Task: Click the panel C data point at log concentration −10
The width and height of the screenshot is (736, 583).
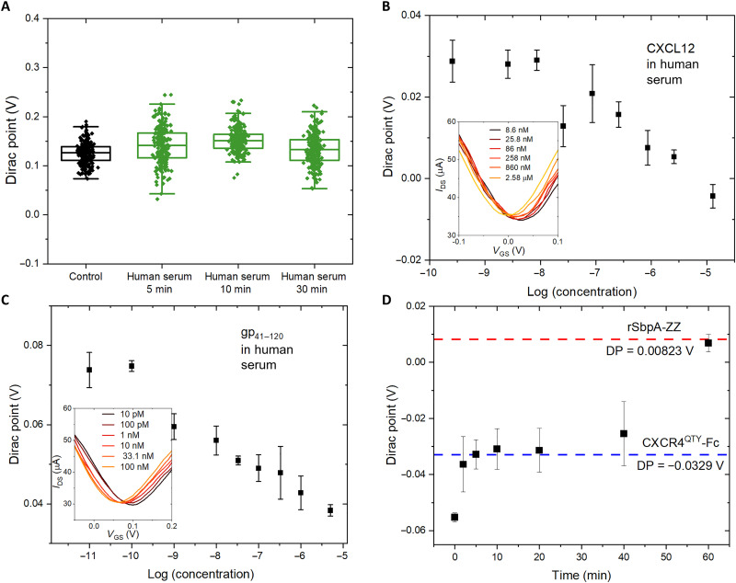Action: pos(132,366)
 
